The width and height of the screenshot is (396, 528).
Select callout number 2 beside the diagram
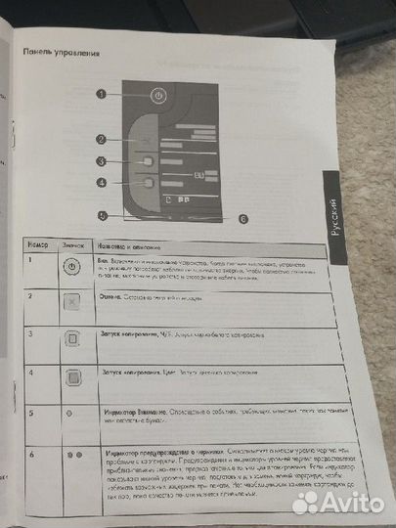click(x=101, y=139)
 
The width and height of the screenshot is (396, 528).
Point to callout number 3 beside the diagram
click(x=101, y=161)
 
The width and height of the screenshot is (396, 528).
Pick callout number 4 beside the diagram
click(x=101, y=182)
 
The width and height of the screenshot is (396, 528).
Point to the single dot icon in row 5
click(x=70, y=414)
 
